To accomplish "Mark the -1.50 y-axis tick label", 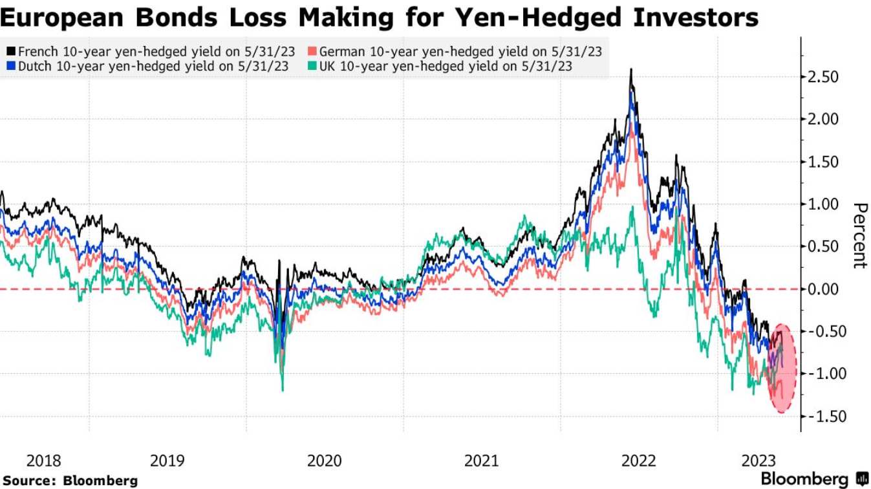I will (822, 416).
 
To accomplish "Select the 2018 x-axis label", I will (45, 461).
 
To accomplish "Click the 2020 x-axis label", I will (324, 461).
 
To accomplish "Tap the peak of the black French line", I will (630, 69).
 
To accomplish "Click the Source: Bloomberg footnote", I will (70, 481).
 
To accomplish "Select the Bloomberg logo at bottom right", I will (813, 479).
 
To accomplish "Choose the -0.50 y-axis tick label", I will (822, 331).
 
